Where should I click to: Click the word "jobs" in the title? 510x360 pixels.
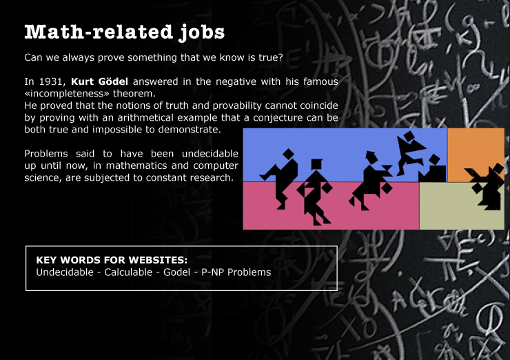tap(202, 32)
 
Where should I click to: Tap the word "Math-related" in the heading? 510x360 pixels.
tap(99, 32)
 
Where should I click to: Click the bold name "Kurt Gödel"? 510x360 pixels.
tap(99, 81)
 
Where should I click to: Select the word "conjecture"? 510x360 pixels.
tap(278, 117)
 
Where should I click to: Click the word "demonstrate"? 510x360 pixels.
tap(189, 130)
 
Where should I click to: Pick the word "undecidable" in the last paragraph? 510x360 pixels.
tap(210, 153)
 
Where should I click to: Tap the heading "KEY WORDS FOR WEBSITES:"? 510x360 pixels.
tap(112, 260)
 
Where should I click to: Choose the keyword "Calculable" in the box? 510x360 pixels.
tap(128, 272)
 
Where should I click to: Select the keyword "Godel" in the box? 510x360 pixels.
tap(176, 272)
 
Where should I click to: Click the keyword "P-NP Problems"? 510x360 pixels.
tap(236, 272)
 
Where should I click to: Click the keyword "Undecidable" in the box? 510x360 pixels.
tap(65, 272)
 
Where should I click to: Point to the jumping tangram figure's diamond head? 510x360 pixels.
tap(409, 136)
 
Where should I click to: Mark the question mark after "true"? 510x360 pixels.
tap(280, 57)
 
